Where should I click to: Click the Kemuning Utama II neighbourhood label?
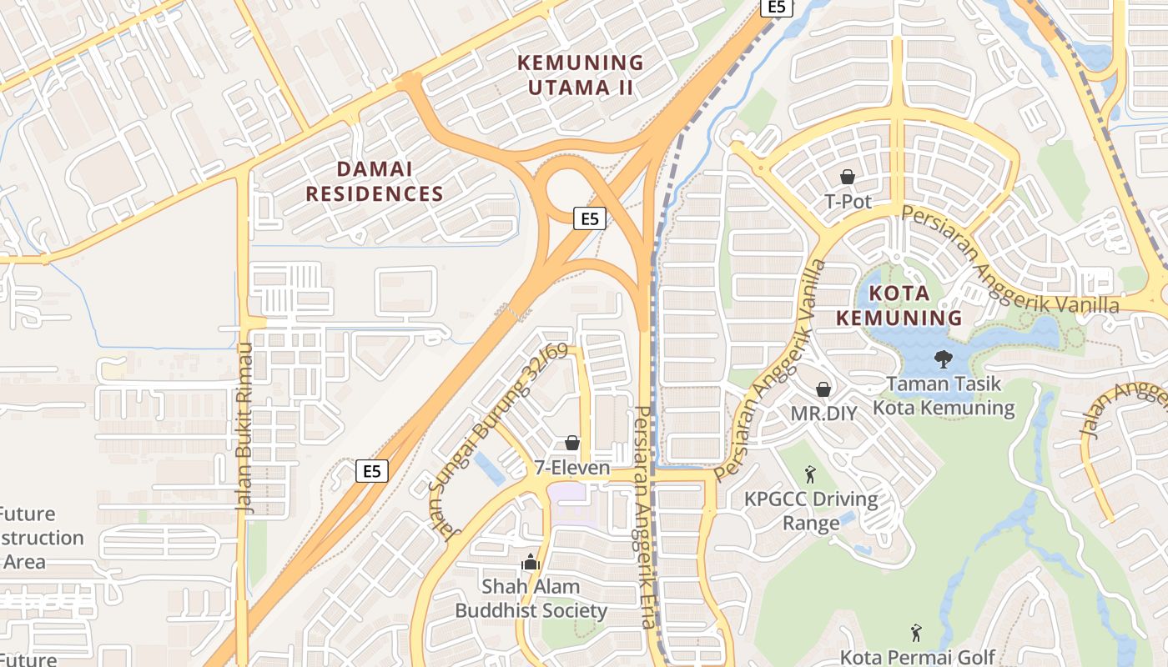(581, 75)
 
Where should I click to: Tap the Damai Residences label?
(374, 182)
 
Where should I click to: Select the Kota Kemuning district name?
(899, 305)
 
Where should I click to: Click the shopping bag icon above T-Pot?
(848, 177)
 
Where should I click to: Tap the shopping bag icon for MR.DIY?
(823, 389)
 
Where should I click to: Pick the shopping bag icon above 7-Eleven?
(572, 442)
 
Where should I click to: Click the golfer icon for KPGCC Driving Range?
(810, 475)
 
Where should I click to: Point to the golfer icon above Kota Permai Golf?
(916, 633)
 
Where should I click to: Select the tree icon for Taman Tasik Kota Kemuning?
(944, 359)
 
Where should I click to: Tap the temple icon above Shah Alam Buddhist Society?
(531, 562)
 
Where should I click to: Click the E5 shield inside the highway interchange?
(590, 219)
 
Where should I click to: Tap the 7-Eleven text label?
(572, 469)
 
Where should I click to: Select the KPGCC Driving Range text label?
(811, 511)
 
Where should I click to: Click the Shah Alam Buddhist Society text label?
(531, 599)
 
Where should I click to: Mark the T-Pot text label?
(848, 202)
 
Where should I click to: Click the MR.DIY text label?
(823, 414)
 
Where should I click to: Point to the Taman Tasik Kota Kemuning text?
(944, 396)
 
